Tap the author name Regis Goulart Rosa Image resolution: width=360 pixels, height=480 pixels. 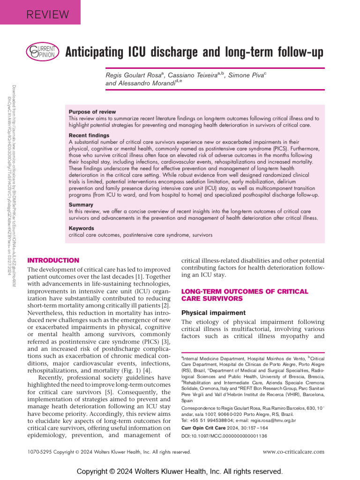coord(133,75)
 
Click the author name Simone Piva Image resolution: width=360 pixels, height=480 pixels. coord(246,75)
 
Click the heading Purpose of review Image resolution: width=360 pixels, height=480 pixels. coord(92,112)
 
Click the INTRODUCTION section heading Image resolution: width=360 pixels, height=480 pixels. coord(53,260)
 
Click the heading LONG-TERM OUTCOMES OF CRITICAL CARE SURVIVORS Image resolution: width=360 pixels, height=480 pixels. coord(244,295)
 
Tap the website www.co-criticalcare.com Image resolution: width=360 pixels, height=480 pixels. coord(293,452)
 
